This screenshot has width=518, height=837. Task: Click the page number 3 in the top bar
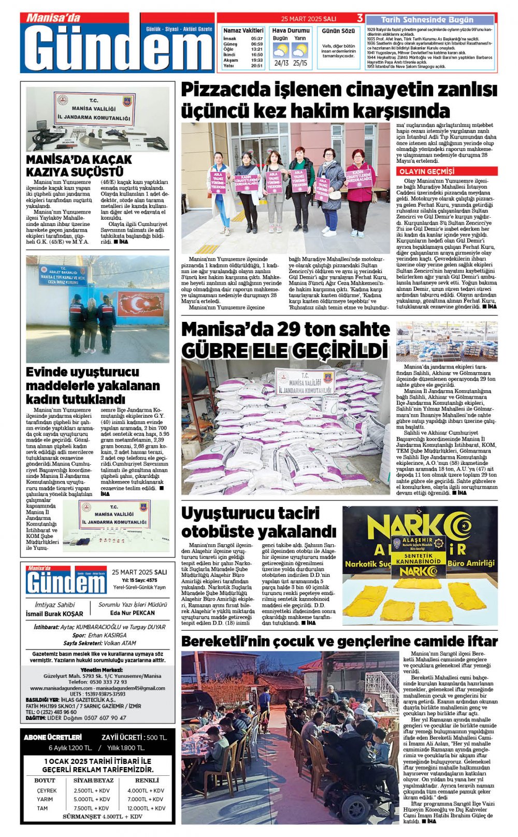360,18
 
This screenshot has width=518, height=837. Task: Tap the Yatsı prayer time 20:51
257,66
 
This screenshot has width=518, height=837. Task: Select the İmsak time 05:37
257,39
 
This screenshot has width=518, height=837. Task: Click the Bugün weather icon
281,51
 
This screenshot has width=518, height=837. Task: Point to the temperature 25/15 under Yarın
300,63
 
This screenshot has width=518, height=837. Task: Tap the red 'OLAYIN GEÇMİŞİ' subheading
426,172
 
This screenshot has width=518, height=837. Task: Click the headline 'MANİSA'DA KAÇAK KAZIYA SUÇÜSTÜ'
79,165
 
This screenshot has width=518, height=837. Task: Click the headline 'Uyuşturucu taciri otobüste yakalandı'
258,522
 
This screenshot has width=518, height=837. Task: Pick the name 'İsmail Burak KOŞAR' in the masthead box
54,614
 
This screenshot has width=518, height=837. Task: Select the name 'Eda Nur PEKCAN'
133,613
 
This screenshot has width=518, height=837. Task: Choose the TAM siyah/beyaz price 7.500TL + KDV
92,808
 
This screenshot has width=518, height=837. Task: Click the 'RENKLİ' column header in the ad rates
147,780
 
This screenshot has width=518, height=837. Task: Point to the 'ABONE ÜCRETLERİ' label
53,737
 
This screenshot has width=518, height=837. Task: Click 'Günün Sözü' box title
338,32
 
